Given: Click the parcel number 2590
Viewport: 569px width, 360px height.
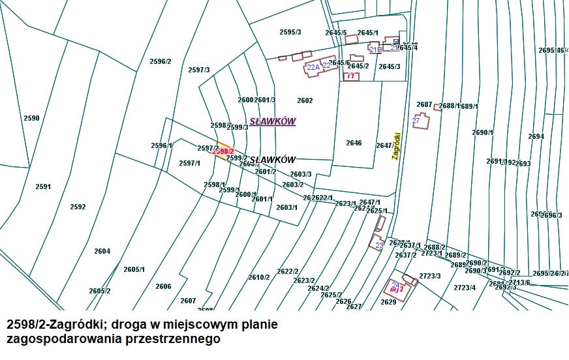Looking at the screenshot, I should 31,118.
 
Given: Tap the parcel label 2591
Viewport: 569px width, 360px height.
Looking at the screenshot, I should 43,187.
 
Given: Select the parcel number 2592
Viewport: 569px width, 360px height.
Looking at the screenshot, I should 78,207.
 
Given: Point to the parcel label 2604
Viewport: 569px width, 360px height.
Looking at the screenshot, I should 102,251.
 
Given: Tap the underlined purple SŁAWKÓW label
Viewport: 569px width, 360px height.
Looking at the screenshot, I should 273,121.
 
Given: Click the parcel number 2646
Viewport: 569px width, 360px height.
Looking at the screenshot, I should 354,143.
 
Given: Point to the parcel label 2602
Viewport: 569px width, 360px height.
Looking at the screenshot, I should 305,100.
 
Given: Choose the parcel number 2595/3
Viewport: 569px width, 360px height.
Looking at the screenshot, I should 290,32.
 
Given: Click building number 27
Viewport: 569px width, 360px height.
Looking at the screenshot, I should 416,121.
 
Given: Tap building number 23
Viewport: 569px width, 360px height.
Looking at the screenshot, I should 379,245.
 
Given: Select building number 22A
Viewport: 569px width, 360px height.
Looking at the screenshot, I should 313,67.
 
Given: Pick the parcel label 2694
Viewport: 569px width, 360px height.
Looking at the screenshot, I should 536,136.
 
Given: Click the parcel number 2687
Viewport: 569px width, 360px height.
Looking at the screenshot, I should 424,104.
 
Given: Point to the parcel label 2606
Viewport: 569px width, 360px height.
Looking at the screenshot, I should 163,286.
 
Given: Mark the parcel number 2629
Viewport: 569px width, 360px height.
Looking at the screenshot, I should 388,302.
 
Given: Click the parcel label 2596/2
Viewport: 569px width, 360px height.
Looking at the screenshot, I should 160,61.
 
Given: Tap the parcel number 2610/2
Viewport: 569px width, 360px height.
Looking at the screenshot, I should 258,277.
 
